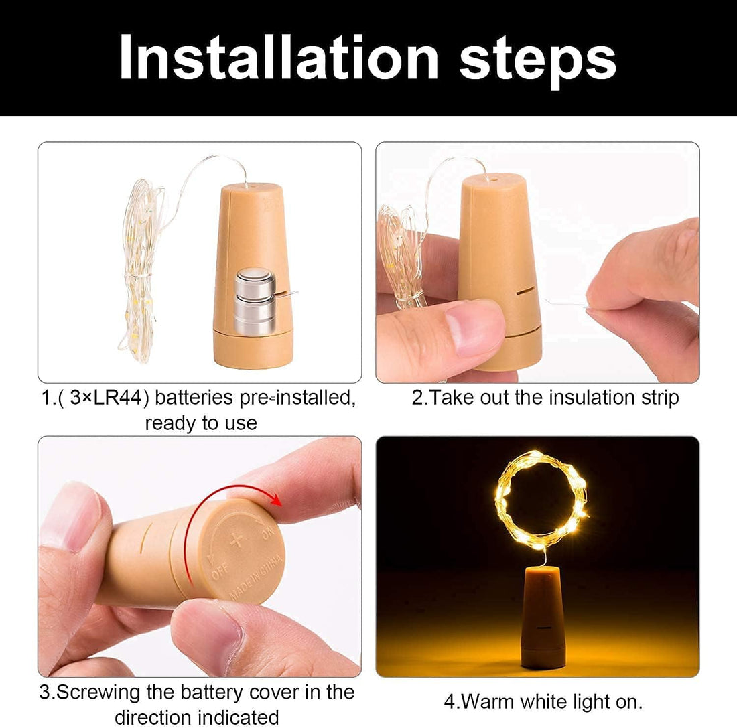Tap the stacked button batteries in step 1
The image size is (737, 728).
tap(255, 301)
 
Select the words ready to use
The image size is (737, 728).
tap(201, 423)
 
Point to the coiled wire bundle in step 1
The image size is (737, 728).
tap(140, 268)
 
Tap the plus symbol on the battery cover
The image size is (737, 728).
tap(235, 540)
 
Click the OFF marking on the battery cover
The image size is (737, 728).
tap(218, 571)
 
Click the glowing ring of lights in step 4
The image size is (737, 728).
tap(541, 500)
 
